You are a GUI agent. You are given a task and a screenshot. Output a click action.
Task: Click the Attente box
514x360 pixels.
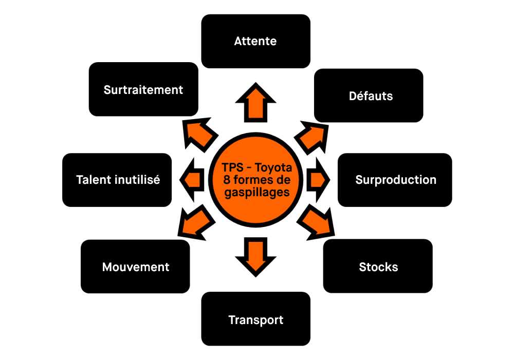tap(255, 41)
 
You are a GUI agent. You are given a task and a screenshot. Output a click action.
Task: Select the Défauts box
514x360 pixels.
tap(369, 96)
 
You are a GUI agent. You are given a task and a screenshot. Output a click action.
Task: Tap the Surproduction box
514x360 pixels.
tap(395, 180)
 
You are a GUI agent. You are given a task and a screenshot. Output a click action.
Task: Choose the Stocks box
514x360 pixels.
tap(378, 267)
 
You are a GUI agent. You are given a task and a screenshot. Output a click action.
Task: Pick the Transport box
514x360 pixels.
tap(255, 319)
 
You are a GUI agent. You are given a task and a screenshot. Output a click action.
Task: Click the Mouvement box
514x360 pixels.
tap(135, 267)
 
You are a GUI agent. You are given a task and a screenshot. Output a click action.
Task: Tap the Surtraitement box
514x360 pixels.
tap(143, 89)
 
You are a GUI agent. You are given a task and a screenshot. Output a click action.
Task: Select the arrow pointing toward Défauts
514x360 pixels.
tap(311, 136)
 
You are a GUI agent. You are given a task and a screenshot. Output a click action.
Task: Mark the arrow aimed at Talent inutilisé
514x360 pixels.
tap(192, 180)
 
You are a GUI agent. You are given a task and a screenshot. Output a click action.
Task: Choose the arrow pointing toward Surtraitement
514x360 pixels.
tap(199, 135)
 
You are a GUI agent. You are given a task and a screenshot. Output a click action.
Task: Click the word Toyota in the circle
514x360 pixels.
tap(273, 168)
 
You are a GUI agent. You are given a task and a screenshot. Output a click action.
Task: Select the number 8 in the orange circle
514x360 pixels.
tap(227, 180)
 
